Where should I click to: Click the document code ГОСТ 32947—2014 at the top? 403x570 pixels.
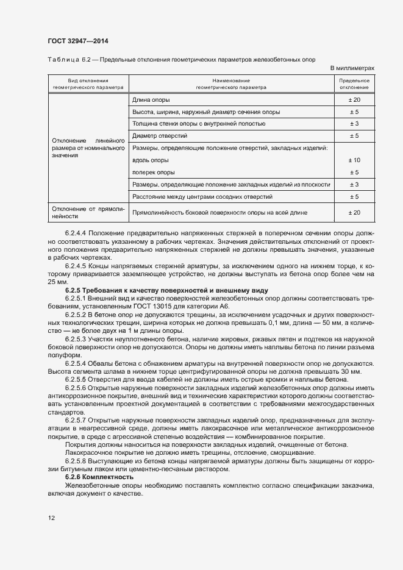(x=79, y=41)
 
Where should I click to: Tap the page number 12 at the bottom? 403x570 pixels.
(x=51, y=518)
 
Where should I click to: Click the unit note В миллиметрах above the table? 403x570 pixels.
(x=352, y=68)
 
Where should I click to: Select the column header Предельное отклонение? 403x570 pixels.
(x=354, y=84)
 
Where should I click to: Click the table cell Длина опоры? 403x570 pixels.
(x=151, y=99)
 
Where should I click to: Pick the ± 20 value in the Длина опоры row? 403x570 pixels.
(x=354, y=99)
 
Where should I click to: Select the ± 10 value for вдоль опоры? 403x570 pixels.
(x=354, y=160)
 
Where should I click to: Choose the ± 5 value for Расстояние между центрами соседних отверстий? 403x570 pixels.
(x=354, y=196)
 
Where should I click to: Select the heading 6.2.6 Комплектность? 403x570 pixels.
(x=99, y=476)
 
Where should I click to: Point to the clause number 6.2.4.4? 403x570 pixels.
(x=75, y=233)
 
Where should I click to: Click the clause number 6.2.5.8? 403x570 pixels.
(x=75, y=461)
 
